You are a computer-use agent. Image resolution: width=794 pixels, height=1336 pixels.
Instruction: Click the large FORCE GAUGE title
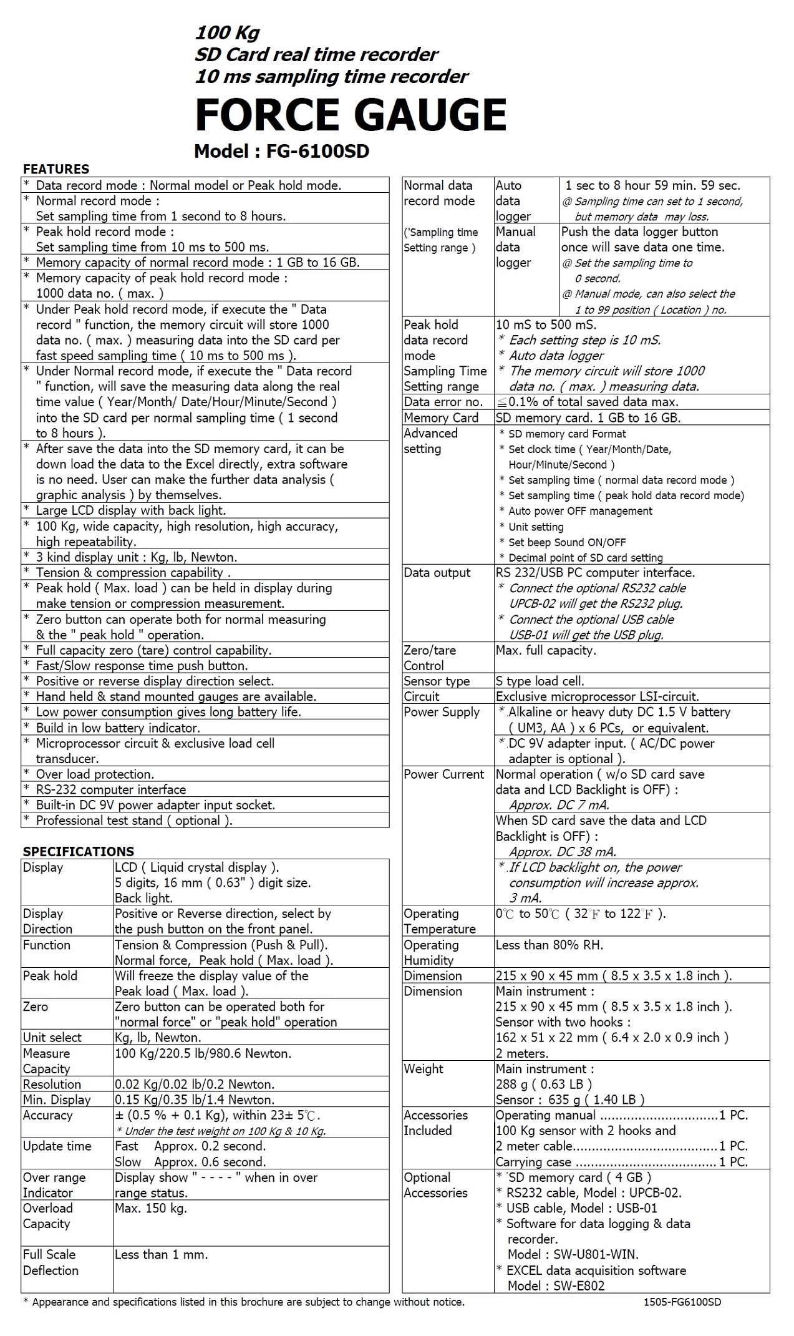351,115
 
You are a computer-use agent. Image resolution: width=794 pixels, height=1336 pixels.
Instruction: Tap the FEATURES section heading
56,169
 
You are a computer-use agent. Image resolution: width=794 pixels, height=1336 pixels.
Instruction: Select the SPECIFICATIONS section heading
79,852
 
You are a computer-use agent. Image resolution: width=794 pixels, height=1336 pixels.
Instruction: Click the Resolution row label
52,1085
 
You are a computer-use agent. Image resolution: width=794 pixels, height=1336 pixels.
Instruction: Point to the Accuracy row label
48,1115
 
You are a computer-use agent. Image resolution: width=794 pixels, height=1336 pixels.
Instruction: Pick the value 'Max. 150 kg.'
151,1208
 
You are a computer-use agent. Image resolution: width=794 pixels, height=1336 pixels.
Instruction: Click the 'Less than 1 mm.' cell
161,1254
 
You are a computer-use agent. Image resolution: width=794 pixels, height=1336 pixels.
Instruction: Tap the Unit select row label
52,1038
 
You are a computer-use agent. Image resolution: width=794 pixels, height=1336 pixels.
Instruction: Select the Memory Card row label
441,418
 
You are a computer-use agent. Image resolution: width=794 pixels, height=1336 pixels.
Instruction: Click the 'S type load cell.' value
540,681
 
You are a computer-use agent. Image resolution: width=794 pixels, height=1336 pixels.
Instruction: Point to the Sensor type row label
437,681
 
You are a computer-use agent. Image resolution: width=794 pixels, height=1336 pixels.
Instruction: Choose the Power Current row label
443,774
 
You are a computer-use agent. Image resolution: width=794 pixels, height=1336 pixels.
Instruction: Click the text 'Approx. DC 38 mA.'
563,852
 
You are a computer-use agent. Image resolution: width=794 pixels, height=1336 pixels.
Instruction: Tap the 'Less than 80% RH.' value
550,945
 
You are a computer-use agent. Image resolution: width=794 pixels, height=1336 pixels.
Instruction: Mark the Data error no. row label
443,402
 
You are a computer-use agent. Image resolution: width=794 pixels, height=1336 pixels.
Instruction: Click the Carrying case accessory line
534,1162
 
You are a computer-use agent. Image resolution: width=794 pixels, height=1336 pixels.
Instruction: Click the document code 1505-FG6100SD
682,1302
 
